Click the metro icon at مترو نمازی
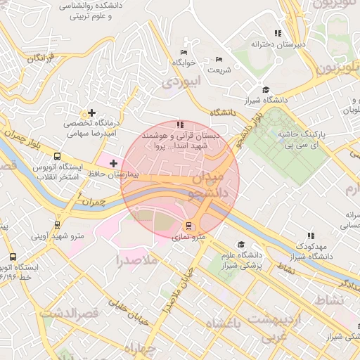(x=188, y=226)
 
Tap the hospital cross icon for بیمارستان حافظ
(x=113, y=163)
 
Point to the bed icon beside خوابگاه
(x=184, y=53)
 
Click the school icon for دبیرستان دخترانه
(x=278, y=33)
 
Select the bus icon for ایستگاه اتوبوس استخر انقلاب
(x=57, y=157)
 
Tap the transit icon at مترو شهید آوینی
(x=57, y=226)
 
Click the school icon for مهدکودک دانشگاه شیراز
(x=311, y=236)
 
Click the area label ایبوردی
(x=181, y=82)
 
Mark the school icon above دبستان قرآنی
(x=181, y=124)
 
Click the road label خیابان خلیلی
(x=128, y=314)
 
